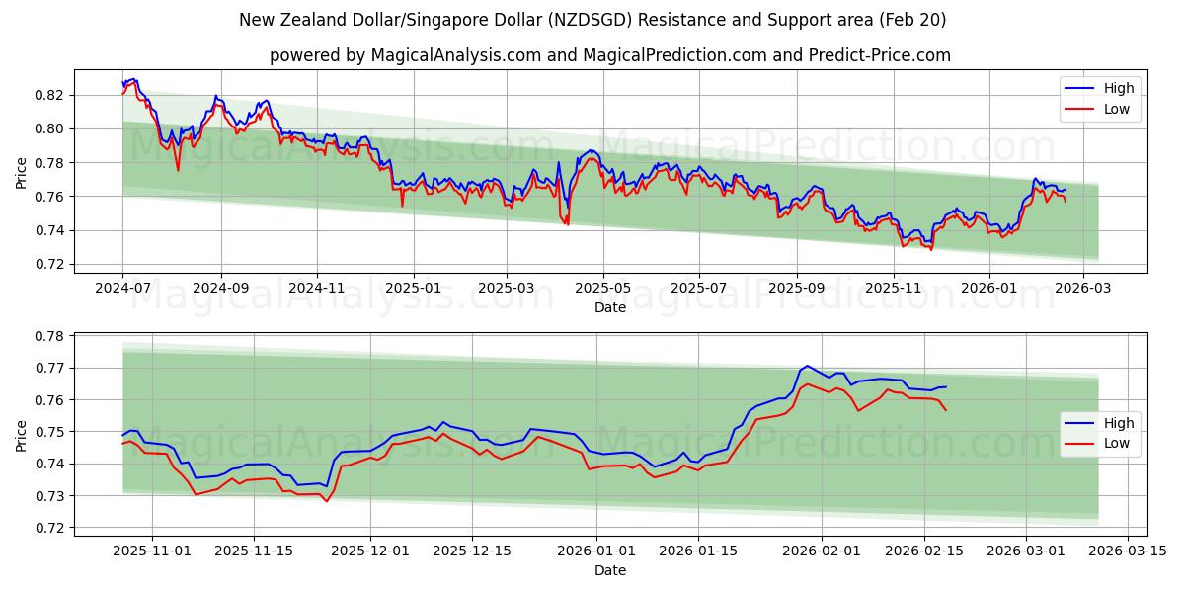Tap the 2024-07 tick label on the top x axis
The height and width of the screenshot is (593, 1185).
click(122, 289)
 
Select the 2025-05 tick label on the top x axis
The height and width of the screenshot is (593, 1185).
click(602, 289)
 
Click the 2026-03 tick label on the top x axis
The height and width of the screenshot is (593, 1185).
click(1083, 289)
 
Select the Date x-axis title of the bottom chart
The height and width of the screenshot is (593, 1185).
click(609, 571)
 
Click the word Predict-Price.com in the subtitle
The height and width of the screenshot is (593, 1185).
click(882, 55)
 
